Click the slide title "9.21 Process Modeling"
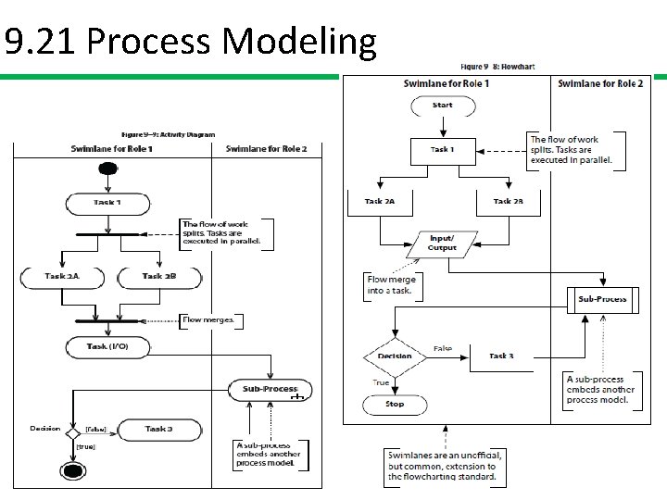point(190,42)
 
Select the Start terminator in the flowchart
point(443,106)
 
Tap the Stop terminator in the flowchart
point(395,404)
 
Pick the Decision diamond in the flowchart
point(395,356)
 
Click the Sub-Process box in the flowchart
point(602,299)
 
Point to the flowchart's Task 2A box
point(380,202)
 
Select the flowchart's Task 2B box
point(508,202)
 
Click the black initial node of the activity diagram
point(109,169)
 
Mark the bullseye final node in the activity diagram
point(73,471)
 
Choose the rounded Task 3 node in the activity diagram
point(157,429)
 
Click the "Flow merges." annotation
point(212,320)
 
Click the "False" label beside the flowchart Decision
point(443,349)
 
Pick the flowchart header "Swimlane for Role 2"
point(600,83)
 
